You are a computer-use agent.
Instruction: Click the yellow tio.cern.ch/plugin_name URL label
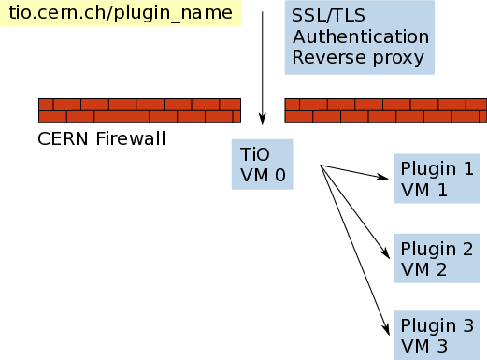pos(120,13)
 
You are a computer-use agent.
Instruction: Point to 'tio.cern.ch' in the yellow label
pos(57,13)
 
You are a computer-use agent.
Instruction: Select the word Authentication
pos(360,37)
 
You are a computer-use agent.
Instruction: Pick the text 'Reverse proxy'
pos(358,58)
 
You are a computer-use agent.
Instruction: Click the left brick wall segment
pos(139,110)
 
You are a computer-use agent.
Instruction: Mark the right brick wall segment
pos(385,110)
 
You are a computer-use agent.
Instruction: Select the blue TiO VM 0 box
pos(262,164)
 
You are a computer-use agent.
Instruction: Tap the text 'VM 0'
pos(263,174)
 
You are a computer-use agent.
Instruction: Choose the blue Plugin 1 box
pos(437,179)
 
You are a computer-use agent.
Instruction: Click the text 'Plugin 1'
pos(437,169)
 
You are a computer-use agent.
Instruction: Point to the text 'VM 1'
pos(424,190)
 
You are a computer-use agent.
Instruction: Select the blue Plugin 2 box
pos(437,259)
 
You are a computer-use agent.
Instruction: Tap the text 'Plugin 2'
pos(437,249)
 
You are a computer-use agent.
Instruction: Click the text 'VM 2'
pos(424,270)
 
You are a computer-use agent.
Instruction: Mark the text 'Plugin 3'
pos(437,325)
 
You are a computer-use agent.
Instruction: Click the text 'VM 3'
pos(424,347)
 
